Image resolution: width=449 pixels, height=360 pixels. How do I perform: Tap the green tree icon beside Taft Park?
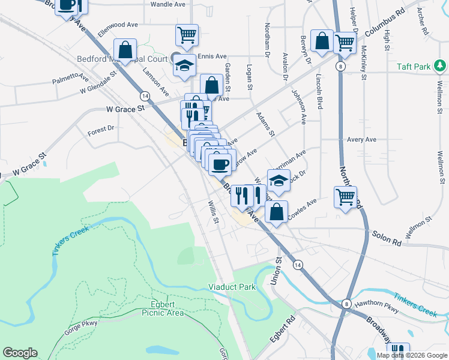440,65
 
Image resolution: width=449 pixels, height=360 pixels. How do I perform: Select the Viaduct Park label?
232,287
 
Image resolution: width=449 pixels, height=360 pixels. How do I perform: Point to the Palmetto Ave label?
70,80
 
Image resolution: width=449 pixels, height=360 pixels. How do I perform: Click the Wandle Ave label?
167,4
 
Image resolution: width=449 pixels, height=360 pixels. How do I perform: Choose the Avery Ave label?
361,139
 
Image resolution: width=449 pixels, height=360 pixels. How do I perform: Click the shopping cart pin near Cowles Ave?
346,197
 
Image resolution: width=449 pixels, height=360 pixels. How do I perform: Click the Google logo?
20,353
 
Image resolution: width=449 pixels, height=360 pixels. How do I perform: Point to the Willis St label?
212,214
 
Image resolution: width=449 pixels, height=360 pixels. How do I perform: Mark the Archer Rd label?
424,22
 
